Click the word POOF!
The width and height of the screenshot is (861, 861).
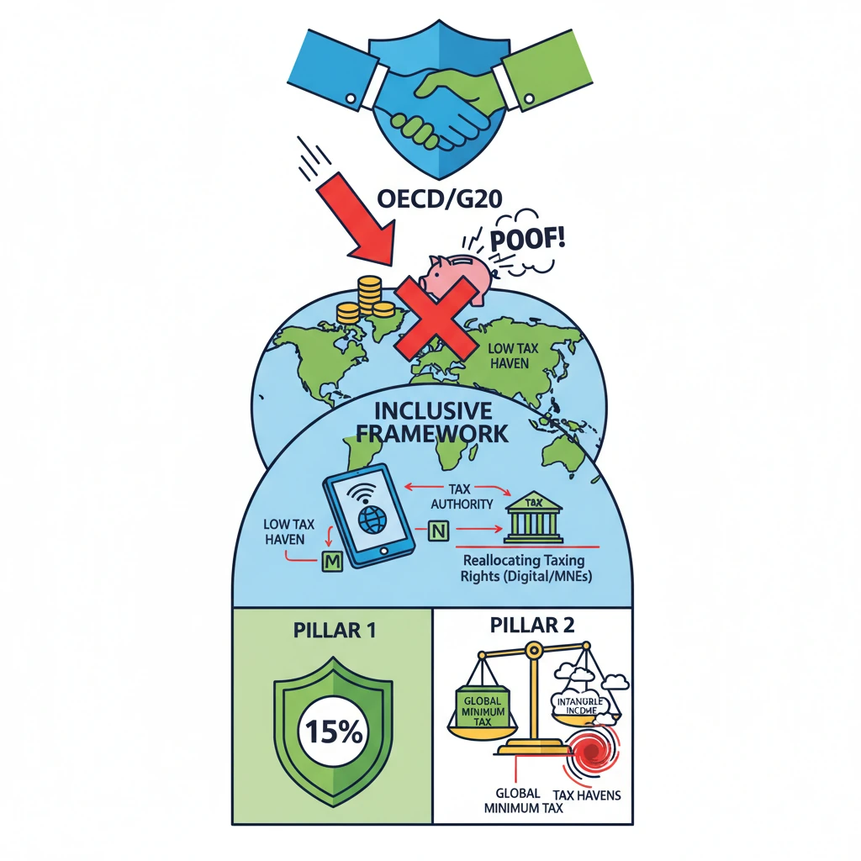click(x=526, y=236)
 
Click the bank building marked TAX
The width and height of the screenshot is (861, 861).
click(x=533, y=519)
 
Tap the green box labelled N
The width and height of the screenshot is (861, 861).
click(x=439, y=531)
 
